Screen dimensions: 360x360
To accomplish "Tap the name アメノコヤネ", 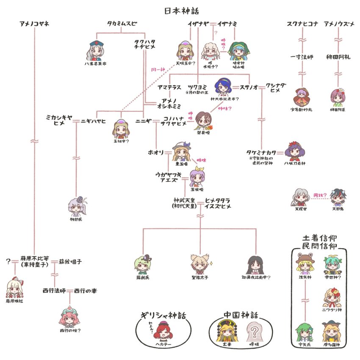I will point(34,24).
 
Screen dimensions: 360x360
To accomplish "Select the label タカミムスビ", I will point(122,24).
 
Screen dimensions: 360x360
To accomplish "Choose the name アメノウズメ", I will point(339,24).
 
